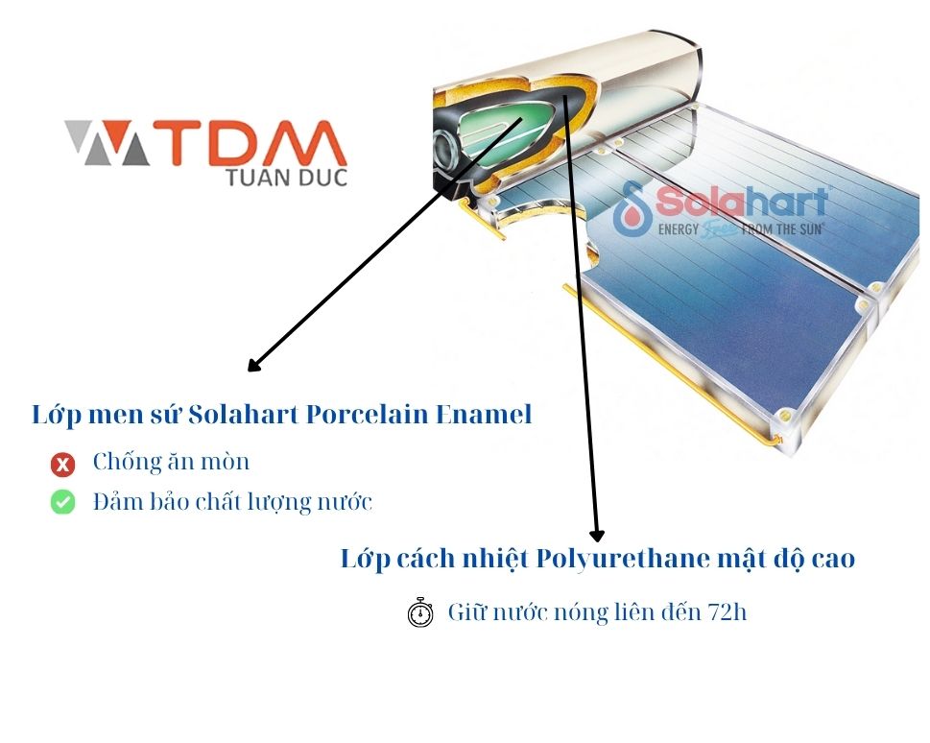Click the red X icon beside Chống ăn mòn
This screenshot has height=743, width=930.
[62, 465]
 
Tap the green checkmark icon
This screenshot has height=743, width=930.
[62, 502]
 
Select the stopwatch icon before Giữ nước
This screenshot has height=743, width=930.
[420, 611]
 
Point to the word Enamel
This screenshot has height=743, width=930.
[484, 415]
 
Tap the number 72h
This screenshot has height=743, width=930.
[727, 611]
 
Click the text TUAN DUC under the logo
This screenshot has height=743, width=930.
[286, 178]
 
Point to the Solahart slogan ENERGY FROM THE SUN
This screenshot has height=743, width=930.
[741, 229]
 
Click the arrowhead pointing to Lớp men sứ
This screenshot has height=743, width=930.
[253, 366]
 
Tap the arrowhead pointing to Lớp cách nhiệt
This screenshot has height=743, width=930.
[597, 534]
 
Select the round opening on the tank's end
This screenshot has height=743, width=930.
[445, 153]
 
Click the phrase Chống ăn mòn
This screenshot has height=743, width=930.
[171, 462]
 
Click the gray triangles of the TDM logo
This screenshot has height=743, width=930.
[107, 143]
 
